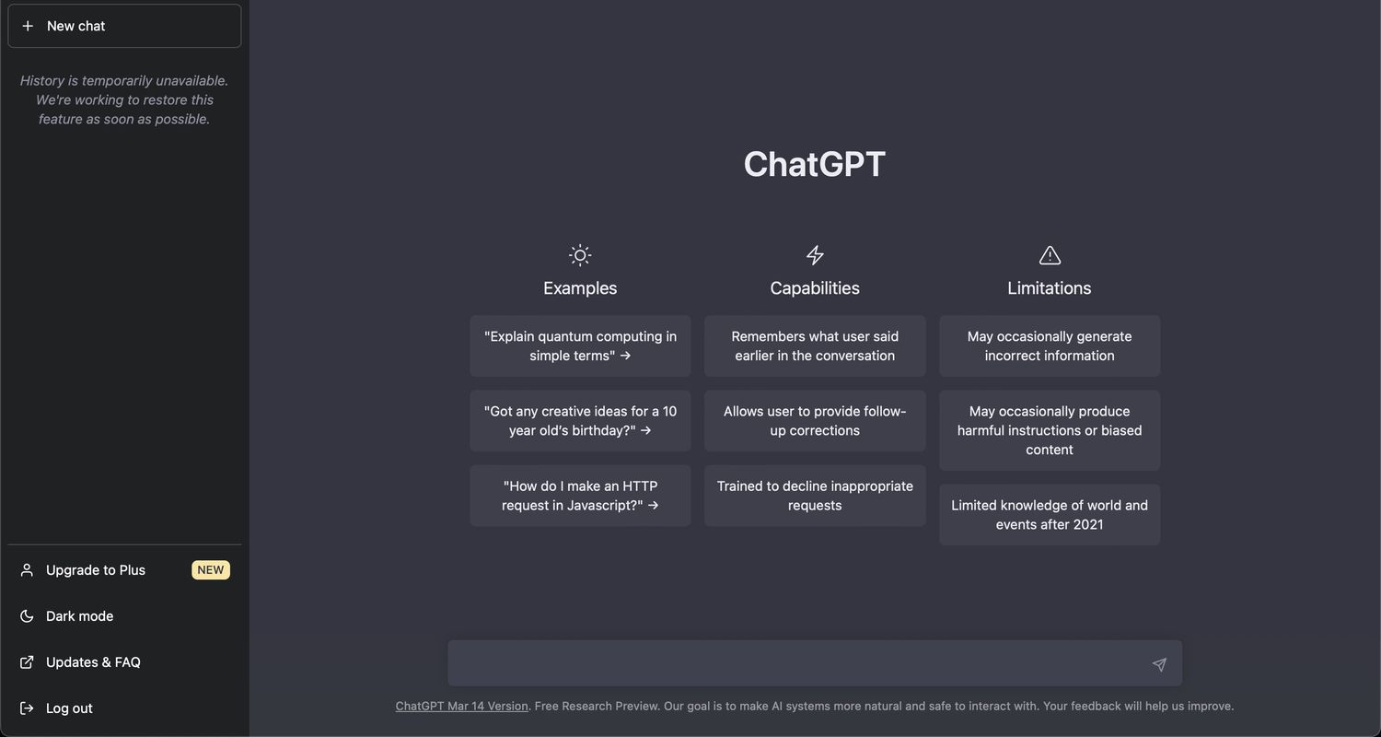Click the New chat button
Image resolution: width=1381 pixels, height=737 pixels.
124,26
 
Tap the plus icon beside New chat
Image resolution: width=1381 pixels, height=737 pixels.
28,26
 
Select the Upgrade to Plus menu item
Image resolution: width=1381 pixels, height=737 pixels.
96,570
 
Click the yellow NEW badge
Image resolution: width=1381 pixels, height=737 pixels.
211,570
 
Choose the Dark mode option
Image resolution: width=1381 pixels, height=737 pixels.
80,616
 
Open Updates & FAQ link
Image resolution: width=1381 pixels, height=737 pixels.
93,662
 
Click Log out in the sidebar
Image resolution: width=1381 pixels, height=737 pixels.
69,708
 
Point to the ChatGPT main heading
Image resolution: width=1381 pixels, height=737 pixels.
814,164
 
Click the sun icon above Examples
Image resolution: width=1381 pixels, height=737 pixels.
580,255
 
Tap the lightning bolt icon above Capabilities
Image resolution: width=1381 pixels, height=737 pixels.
815,255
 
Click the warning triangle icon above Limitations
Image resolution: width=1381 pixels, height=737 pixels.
1050,255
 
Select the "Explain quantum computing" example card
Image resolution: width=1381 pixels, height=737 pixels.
580,346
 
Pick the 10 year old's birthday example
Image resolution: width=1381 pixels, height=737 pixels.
580,421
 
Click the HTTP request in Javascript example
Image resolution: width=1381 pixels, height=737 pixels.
580,496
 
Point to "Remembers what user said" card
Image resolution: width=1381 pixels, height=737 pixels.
815,346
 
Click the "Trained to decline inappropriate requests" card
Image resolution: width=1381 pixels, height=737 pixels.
815,496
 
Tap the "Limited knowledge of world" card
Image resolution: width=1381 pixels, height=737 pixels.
1050,515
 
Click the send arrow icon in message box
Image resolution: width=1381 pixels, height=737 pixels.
1159,664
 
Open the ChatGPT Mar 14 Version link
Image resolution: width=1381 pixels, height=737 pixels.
461,707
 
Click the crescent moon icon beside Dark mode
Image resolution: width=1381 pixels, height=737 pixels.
28,616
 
